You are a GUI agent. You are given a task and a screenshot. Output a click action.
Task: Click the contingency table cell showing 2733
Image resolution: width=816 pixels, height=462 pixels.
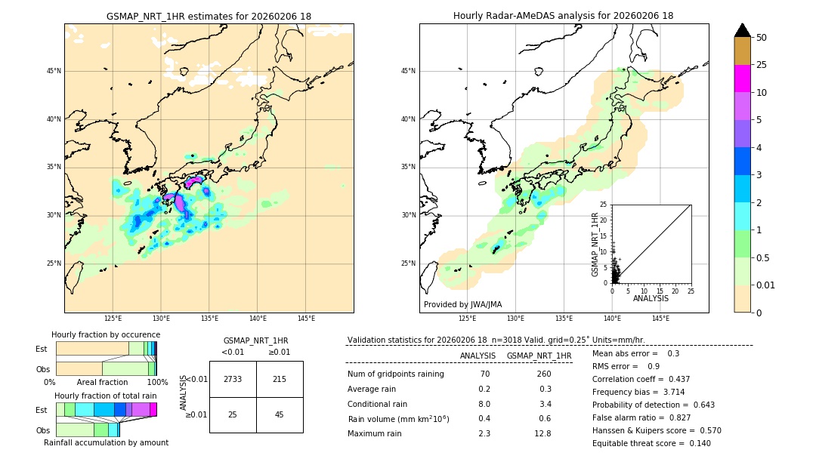coord(233,379)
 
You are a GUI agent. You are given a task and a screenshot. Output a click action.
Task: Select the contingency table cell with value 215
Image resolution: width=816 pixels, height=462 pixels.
coord(280,379)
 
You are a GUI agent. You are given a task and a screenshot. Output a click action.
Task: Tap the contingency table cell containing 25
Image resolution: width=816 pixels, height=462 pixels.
coord(233,414)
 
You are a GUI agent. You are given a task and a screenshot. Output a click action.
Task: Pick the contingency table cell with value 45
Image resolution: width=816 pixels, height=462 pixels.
coord(280,414)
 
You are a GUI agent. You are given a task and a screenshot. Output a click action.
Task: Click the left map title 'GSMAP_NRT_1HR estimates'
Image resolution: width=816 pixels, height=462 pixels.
coord(209,16)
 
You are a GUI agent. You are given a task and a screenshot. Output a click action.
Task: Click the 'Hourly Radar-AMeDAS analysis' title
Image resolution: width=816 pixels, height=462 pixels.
coord(563,16)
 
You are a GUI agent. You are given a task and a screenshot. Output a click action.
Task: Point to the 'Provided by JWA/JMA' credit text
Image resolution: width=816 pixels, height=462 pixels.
coord(462,304)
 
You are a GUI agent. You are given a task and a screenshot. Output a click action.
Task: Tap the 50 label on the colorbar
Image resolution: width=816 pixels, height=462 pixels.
coord(762,38)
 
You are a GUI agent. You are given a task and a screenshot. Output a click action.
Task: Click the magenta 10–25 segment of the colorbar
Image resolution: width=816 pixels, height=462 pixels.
coord(742,79)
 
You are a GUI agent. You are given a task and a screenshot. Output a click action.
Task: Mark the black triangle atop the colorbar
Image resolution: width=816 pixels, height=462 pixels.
coord(742,30)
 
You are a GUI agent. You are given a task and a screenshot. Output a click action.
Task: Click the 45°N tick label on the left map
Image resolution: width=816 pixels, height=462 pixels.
coord(54,71)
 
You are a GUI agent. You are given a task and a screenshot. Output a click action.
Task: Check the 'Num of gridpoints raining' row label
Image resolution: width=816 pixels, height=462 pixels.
coord(395,374)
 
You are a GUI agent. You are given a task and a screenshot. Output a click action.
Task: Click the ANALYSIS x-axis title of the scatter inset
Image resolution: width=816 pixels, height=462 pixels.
coord(651,298)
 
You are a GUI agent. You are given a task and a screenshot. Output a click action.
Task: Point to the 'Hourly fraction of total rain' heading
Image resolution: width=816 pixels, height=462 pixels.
coord(106,396)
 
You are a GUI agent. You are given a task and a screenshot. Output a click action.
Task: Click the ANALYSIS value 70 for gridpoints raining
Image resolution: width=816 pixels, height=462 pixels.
coord(484,374)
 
